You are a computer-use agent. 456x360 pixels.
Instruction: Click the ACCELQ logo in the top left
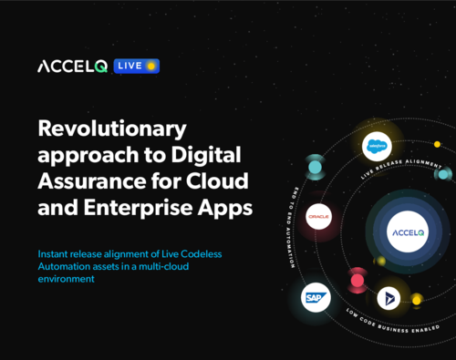click(x=73, y=67)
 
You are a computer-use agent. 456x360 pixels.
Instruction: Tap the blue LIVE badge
click(x=137, y=67)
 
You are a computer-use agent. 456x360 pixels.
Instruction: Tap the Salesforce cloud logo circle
click(x=376, y=146)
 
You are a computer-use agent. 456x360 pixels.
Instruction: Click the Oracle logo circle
click(x=317, y=217)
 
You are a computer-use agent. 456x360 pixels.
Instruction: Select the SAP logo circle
click(x=316, y=297)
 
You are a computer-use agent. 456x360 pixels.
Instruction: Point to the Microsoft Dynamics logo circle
click(x=389, y=297)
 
